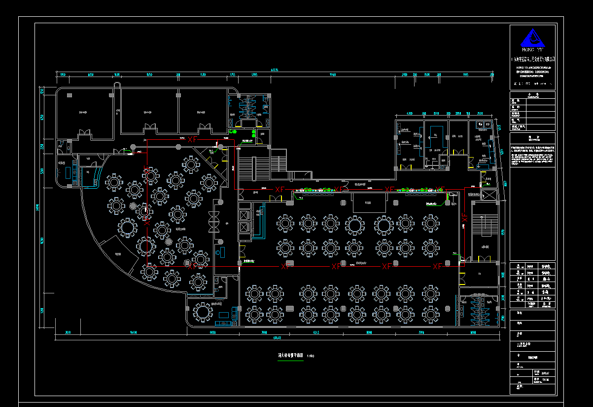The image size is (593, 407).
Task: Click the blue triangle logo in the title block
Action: [533, 38]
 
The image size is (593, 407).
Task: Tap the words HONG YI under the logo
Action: [532, 49]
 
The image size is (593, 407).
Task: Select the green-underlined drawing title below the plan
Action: [290, 355]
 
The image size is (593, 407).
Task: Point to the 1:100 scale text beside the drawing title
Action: [311, 356]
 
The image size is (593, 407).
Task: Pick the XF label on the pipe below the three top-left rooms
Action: [192, 140]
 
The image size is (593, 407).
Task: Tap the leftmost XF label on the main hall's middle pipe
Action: [285, 267]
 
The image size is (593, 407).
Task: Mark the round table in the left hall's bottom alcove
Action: [203, 311]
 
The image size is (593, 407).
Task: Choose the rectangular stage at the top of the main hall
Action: [368, 203]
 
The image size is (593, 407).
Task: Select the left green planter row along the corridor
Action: [319, 190]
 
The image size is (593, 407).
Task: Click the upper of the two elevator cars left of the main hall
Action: [244, 215]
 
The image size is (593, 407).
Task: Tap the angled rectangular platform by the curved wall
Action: [119, 255]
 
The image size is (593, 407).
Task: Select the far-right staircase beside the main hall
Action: [485, 232]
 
